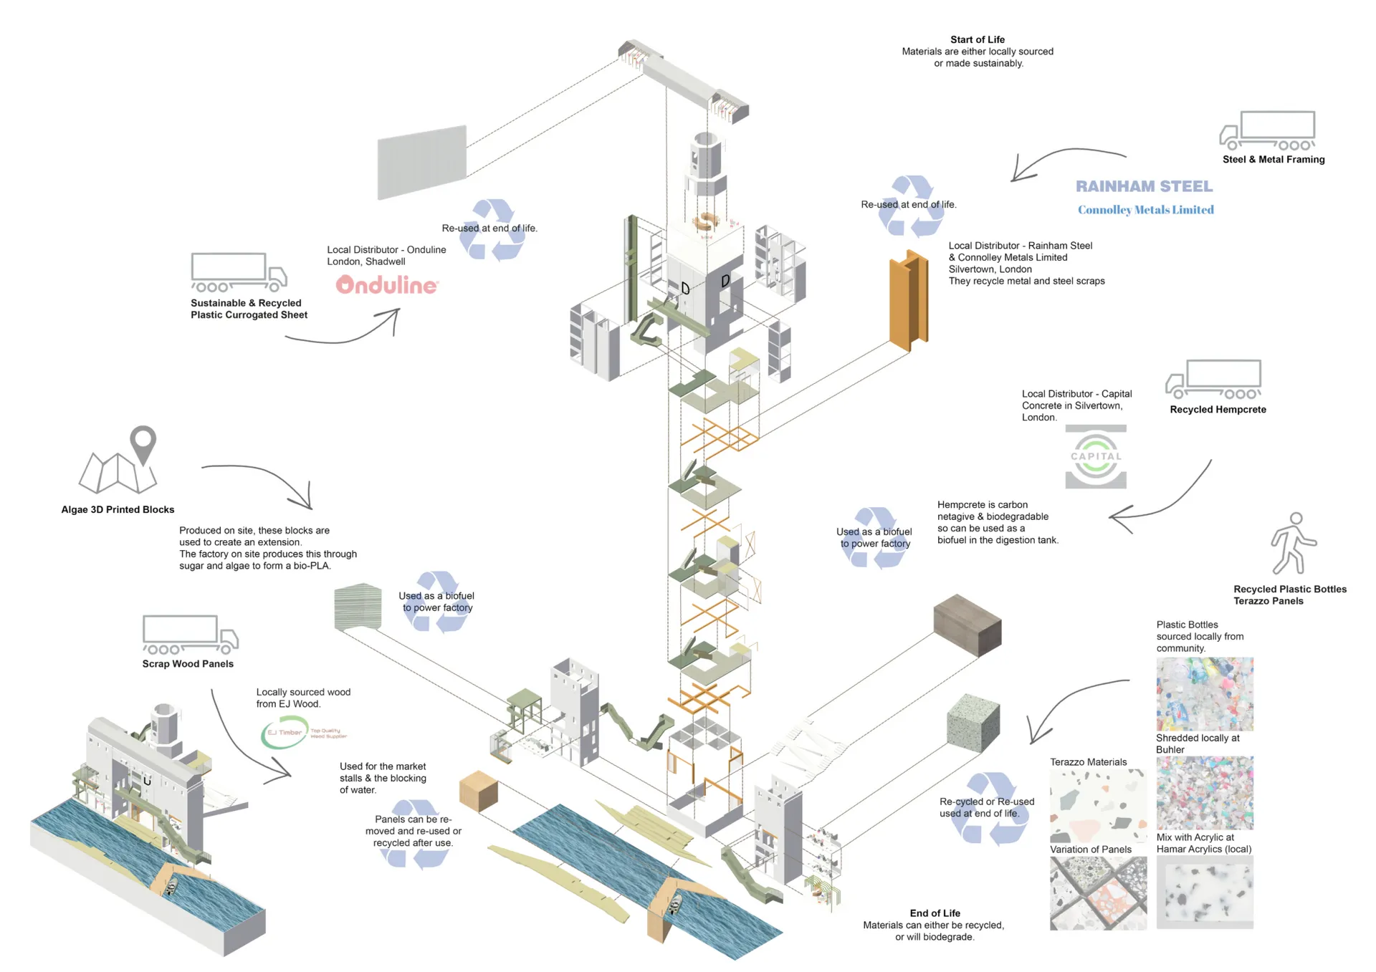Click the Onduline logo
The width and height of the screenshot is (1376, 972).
point(387,285)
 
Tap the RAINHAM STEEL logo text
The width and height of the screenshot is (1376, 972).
point(1144,186)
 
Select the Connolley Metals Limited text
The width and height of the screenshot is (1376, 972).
point(1145,210)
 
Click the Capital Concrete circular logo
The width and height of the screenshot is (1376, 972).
point(1096,457)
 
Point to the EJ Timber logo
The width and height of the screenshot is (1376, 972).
point(285,733)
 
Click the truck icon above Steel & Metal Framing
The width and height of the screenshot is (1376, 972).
point(1268,130)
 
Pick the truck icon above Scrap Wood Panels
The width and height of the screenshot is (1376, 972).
point(190,635)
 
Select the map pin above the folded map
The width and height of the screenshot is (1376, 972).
point(143,443)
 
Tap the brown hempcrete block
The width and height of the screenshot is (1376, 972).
point(967,625)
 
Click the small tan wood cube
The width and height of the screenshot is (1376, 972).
point(478,791)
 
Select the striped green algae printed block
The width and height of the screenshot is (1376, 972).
point(358,607)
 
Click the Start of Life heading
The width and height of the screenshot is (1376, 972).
point(977,39)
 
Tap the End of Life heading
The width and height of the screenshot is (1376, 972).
point(935,913)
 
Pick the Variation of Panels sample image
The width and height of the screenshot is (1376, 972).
point(1097,893)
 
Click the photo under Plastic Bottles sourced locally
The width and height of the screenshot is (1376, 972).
point(1204,693)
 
